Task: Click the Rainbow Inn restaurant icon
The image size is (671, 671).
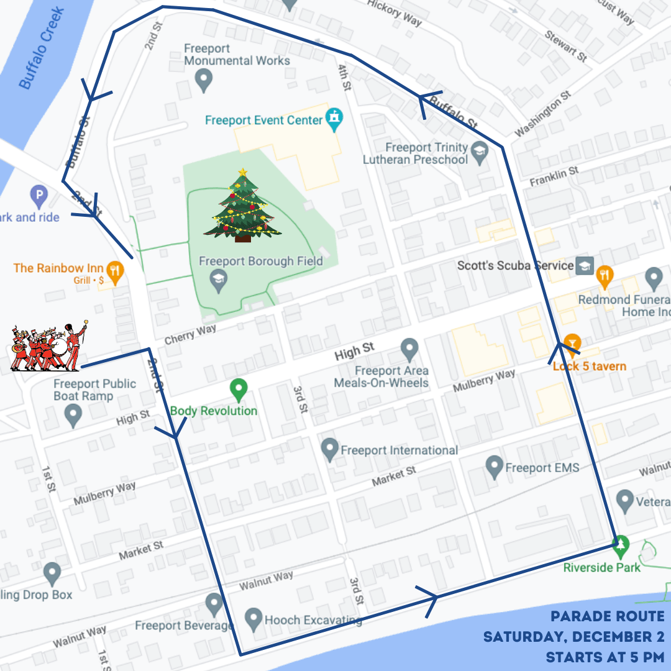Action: [114, 270]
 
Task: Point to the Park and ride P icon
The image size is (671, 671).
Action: [39, 197]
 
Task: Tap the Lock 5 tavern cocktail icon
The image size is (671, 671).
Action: [572, 342]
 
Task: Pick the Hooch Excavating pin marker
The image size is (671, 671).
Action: [253, 619]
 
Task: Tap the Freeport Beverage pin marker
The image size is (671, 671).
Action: [214, 602]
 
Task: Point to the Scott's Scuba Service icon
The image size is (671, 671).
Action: [585, 265]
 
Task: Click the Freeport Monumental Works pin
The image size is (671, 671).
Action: [204, 80]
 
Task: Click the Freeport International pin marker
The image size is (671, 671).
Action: [329, 449]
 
